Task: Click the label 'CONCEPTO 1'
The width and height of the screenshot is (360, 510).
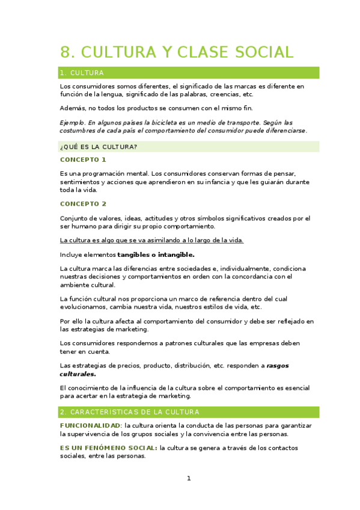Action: click(83, 160)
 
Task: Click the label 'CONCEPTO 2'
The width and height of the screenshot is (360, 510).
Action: click(83, 204)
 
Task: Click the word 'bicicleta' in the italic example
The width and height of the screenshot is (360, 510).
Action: click(174, 122)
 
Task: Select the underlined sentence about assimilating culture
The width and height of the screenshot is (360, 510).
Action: click(151, 241)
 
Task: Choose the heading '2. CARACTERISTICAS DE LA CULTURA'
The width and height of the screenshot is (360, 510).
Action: click(129, 412)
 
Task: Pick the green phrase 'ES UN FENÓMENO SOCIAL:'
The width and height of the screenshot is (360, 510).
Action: click(109, 448)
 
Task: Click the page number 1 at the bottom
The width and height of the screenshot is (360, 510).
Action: click(189, 479)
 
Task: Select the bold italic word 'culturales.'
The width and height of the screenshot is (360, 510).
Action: click(78, 374)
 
